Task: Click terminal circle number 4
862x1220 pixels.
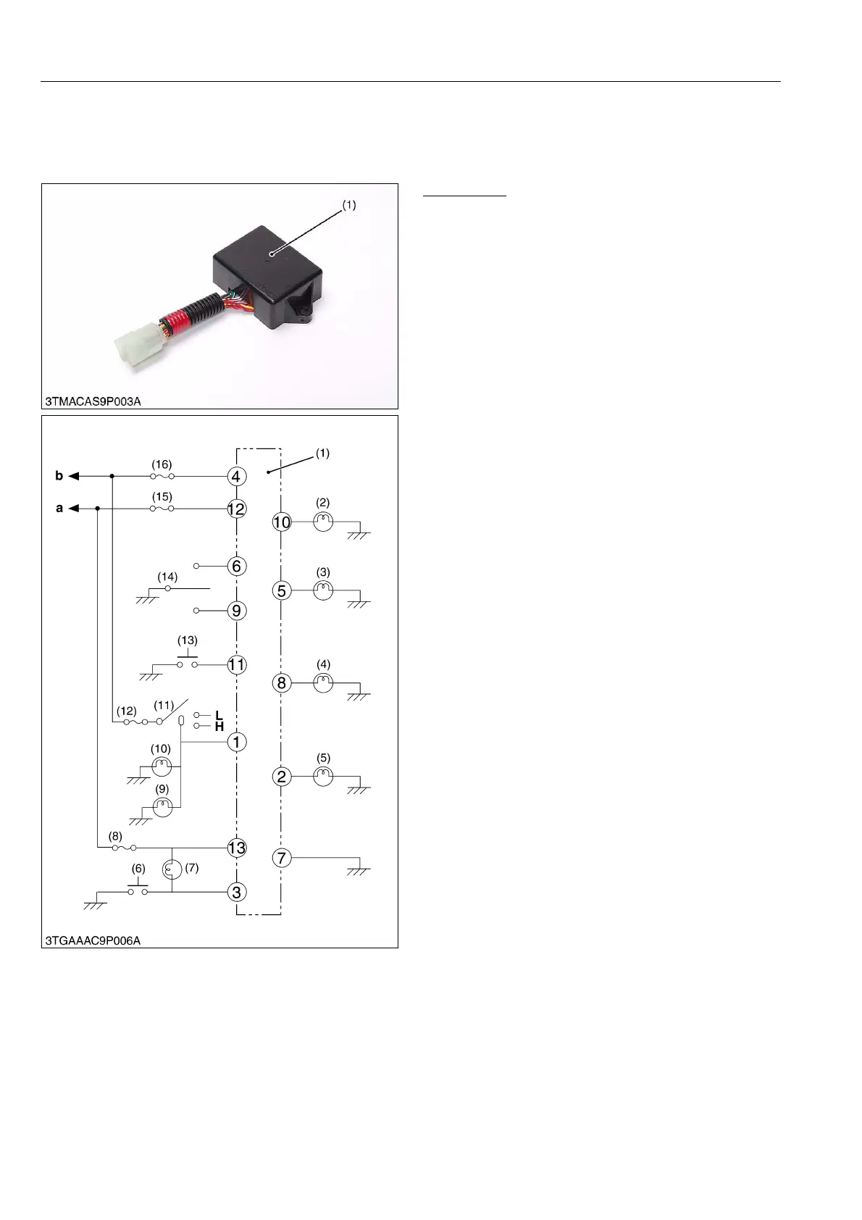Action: (236, 477)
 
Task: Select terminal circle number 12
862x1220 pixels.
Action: (236, 509)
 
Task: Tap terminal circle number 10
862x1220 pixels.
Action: (282, 522)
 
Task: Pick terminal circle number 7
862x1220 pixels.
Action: (282, 858)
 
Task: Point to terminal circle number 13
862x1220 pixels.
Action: (236, 848)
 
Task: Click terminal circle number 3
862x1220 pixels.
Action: (236, 892)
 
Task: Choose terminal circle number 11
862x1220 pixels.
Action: (236, 664)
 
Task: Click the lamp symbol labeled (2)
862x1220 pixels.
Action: (323, 522)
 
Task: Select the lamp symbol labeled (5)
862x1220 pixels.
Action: (323, 777)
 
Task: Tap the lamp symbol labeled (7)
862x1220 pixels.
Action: (172, 869)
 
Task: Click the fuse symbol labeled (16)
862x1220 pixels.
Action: (162, 477)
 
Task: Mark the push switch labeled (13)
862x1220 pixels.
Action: (187, 661)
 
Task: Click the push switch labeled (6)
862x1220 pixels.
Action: (138, 890)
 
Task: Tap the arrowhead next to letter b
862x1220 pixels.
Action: (74, 477)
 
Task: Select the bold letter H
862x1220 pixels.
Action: (219, 727)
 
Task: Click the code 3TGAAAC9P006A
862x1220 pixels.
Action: (93, 940)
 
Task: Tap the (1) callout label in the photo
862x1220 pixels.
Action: (348, 205)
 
